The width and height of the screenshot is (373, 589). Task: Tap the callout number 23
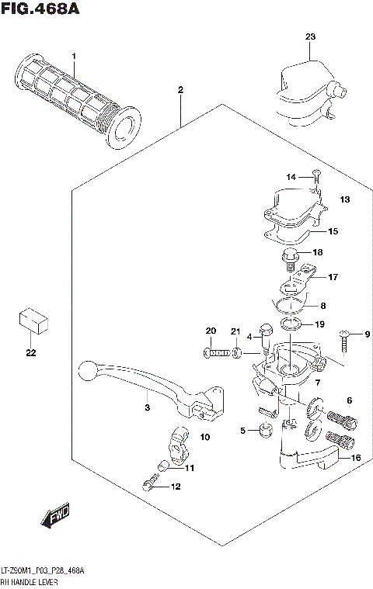point(310,37)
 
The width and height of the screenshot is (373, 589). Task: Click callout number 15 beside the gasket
point(333,231)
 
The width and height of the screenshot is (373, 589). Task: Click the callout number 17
point(333,277)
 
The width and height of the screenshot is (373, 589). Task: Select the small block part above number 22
point(31,318)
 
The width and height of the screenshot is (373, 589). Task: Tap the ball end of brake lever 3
point(89,369)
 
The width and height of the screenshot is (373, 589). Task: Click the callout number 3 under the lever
point(145,407)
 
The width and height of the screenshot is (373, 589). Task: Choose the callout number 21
point(235,332)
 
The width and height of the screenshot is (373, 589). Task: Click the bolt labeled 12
point(149,486)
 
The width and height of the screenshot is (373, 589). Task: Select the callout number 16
point(356,458)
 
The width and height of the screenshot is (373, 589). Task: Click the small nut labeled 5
point(264,429)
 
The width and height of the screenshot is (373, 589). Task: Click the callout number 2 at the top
point(180,90)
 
